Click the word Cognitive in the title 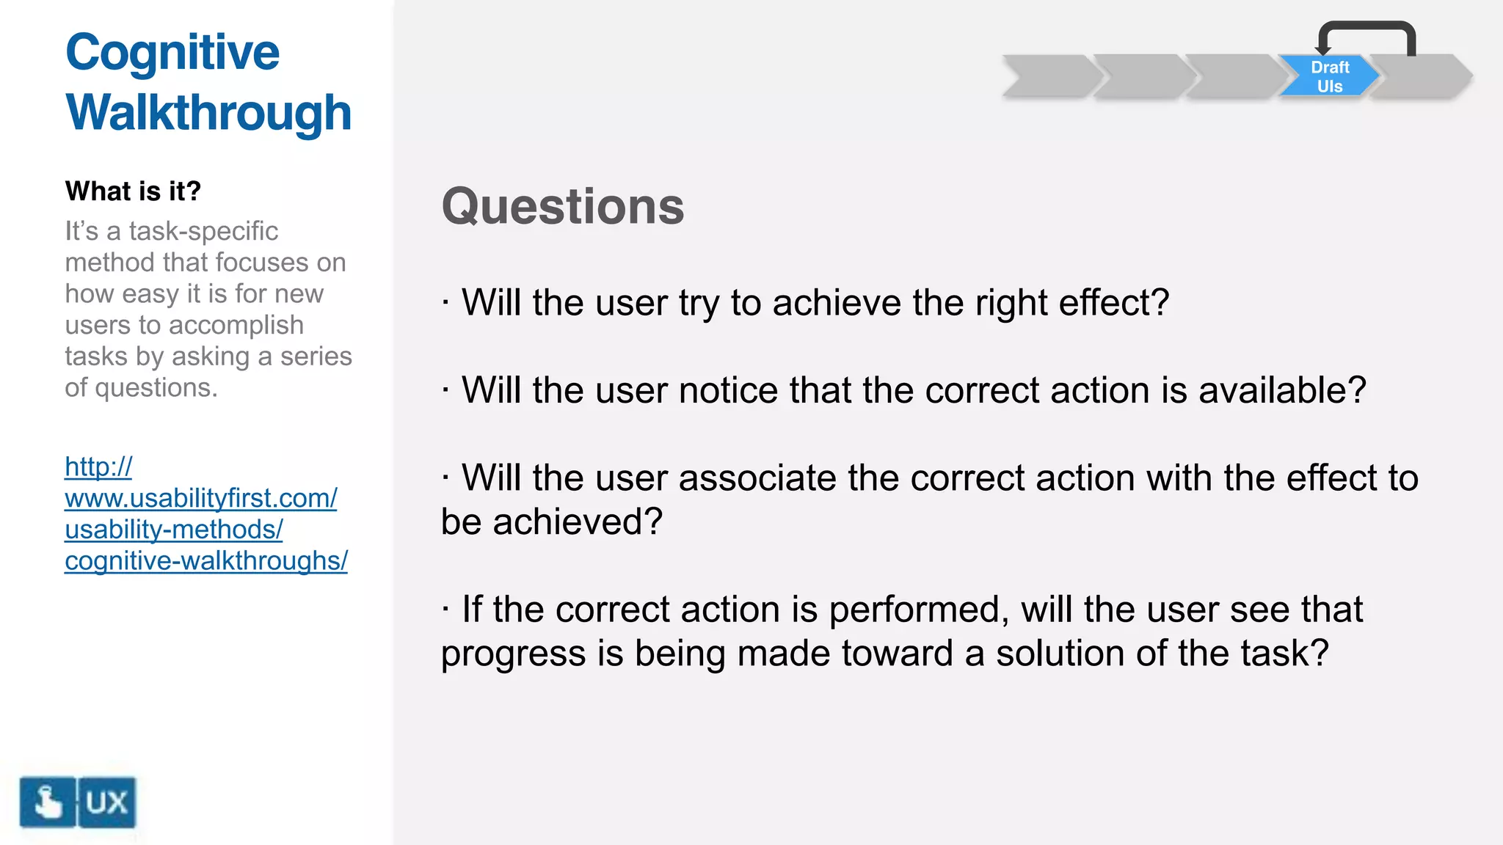point(172,53)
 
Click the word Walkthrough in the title point(208,113)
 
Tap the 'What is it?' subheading point(133,191)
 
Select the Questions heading point(562,206)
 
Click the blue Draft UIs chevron point(1329,76)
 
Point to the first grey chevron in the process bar point(1049,76)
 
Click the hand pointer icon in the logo point(48,802)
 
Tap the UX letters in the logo point(107,802)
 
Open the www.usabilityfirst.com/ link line point(200,498)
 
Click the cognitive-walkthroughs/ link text point(205,561)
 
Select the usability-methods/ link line point(173,530)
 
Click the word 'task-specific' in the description point(203,231)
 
